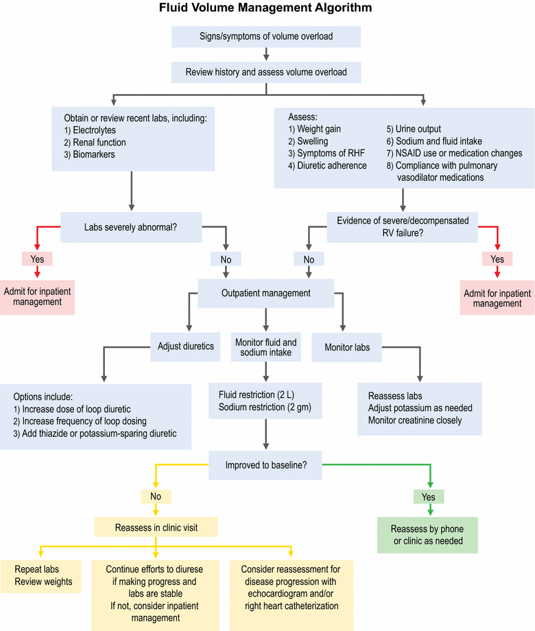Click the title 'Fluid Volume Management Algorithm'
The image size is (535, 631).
pos(266,9)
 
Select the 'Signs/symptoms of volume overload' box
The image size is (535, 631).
pos(266,36)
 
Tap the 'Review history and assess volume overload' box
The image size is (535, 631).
pos(266,71)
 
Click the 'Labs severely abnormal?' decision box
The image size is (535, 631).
pos(130,227)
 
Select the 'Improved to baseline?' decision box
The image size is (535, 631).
pos(266,465)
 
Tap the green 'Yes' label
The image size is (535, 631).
pos(429,496)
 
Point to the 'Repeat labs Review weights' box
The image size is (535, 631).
pos(43,576)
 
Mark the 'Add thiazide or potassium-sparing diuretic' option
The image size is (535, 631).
pos(96,433)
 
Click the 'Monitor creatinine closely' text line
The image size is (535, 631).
pos(415,420)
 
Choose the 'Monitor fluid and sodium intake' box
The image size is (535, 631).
pos(266,347)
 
